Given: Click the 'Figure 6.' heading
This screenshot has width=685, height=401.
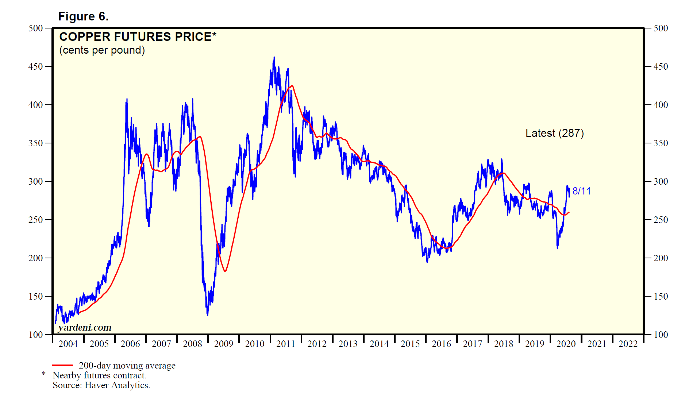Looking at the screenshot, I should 83,16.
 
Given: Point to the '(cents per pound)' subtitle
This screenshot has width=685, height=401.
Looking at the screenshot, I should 102,50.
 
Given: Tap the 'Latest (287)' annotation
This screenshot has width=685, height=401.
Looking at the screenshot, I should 554,133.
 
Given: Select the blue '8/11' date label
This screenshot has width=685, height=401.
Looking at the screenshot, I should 581,191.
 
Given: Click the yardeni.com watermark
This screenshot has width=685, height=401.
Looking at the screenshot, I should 85,327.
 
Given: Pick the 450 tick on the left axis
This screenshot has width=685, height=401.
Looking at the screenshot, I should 35,66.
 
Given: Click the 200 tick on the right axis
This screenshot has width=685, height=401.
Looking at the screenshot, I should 661,258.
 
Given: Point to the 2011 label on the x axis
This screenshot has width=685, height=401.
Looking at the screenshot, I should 285,344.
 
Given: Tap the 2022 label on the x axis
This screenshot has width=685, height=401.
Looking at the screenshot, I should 628,344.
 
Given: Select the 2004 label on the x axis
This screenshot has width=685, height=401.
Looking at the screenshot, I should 68,344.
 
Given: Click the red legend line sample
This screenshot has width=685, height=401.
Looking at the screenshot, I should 62,365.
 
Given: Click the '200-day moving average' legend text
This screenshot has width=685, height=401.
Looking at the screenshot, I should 127,365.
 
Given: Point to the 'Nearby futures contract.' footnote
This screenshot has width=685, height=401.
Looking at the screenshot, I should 99,375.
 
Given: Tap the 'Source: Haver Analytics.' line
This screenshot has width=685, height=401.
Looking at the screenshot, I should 101,385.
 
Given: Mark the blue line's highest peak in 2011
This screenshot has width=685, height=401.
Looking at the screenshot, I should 274,57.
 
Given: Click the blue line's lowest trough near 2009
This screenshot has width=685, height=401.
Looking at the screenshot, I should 208,315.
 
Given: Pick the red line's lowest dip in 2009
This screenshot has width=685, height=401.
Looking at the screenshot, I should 225,271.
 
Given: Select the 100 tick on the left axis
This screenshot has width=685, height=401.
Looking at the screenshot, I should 35,335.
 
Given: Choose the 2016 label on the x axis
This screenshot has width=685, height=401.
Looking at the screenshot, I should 441,344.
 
